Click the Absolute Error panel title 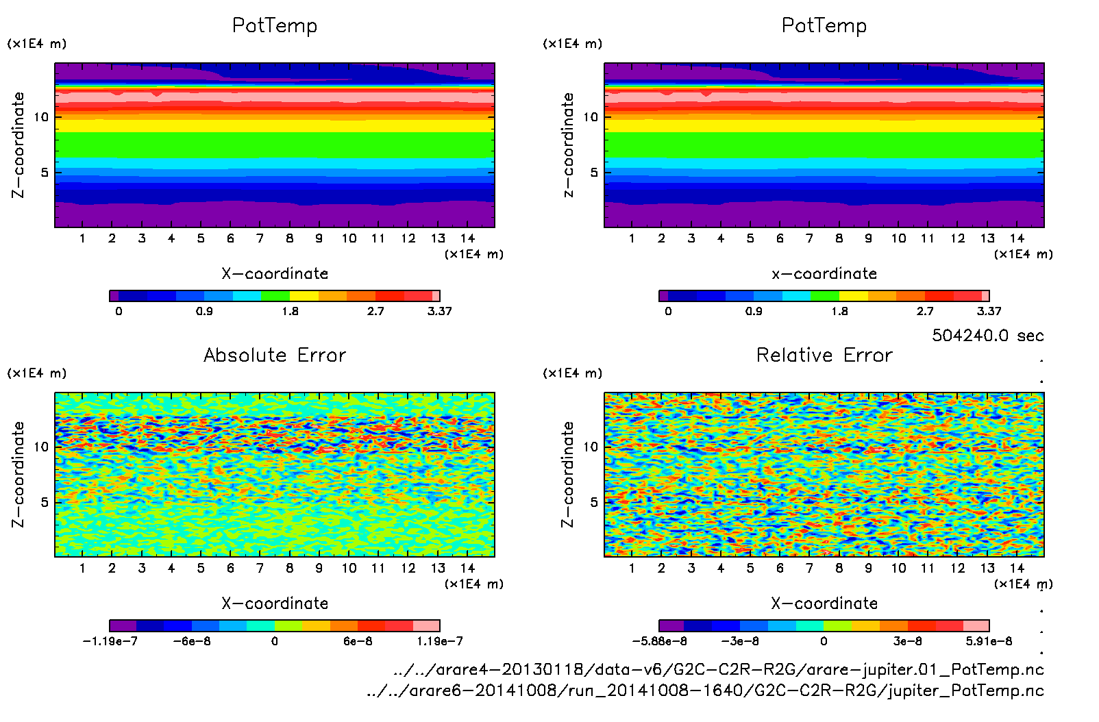tap(275, 355)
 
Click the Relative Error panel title tap(824, 355)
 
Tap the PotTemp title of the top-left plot tap(275, 25)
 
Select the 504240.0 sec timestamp tap(987, 335)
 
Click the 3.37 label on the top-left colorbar tap(439, 311)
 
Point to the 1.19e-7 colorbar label tap(439, 641)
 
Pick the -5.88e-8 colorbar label tap(659, 641)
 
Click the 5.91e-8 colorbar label tap(989, 641)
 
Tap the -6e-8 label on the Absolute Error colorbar tap(192, 641)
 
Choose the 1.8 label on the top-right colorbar tap(839, 311)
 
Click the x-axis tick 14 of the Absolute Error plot tap(467, 568)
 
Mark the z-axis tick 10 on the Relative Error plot tap(591, 447)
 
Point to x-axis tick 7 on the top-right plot tap(809, 238)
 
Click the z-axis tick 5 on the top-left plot tap(45, 172)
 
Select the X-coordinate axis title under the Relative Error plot tap(824, 603)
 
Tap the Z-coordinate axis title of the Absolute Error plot tap(18, 474)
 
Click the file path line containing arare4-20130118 tap(718, 669)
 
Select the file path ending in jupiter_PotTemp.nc tap(704, 690)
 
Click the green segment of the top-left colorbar tap(275, 296)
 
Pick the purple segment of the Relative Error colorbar tap(671, 625)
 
